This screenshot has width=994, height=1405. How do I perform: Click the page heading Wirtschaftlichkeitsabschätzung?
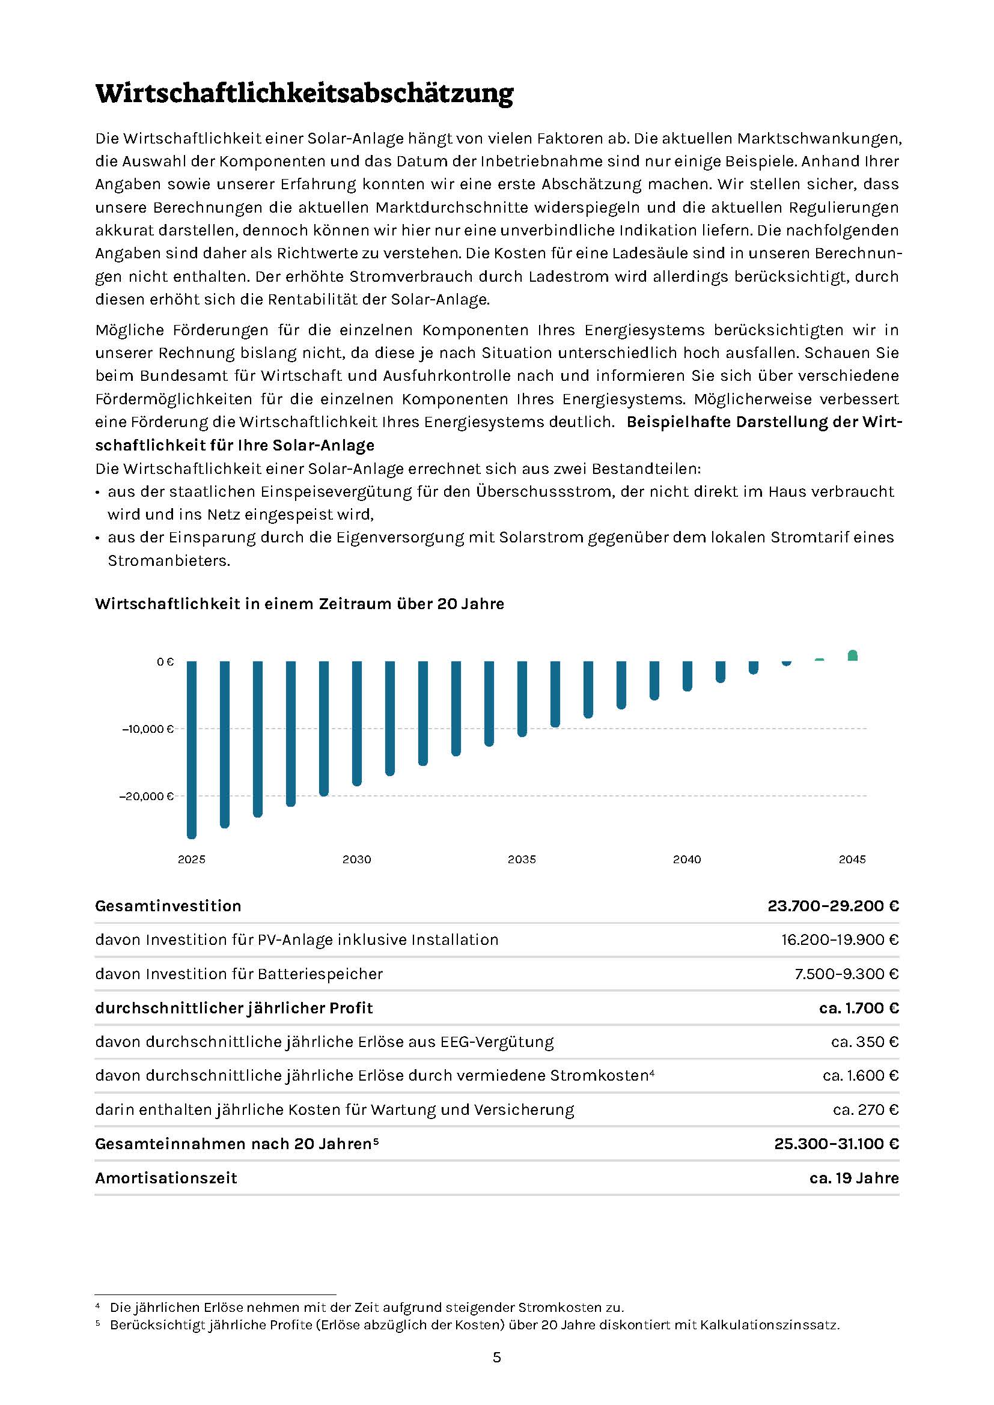point(304,94)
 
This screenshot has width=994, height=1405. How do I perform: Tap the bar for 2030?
point(357,723)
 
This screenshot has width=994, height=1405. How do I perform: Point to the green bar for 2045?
point(852,655)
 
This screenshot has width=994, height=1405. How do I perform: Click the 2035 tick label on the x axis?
point(522,859)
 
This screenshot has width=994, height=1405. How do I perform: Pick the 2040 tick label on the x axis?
point(687,859)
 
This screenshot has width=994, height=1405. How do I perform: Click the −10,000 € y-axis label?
point(148,729)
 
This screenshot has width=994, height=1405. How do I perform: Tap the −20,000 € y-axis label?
point(147,796)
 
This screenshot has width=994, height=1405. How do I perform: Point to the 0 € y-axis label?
point(165,661)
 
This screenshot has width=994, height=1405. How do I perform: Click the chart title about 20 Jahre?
point(299,604)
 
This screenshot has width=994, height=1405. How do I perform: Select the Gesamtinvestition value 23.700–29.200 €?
point(833,906)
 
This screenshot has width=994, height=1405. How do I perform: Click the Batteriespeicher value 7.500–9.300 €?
point(847,974)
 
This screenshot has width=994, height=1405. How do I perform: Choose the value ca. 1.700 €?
point(859,1008)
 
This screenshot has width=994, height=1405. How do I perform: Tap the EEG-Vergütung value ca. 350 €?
point(864,1042)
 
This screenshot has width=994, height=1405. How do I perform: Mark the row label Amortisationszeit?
point(166,1178)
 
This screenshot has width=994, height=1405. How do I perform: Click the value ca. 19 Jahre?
point(854,1178)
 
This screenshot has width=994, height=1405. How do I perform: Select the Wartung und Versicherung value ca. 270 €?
point(865,1109)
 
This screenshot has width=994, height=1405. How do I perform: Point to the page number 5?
point(496,1358)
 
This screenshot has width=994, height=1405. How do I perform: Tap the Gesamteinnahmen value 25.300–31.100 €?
point(836,1144)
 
